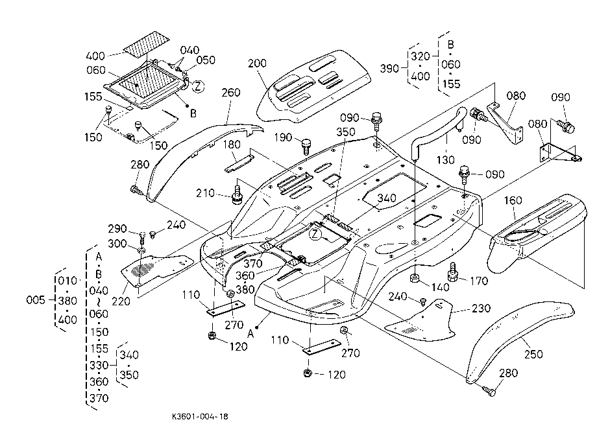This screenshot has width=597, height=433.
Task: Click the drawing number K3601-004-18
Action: (200, 416)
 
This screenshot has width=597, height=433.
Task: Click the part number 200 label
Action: (257, 63)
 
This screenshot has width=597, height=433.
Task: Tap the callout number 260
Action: (231, 93)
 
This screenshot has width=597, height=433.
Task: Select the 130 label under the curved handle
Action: (445, 159)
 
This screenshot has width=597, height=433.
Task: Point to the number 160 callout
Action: (513, 200)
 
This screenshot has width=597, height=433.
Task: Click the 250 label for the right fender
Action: (533, 354)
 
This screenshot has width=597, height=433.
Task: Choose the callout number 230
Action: (481, 308)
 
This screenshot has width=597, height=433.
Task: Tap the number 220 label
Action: (121, 301)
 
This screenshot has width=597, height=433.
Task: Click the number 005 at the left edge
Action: (36, 300)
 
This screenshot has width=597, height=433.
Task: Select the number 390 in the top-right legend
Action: (389, 69)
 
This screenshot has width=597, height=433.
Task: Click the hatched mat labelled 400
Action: (147, 44)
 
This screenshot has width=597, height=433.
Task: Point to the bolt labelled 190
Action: (306, 146)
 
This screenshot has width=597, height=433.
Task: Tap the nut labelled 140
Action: (415, 278)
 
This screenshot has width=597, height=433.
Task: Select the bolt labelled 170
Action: (452, 272)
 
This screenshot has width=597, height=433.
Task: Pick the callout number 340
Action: (387, 198)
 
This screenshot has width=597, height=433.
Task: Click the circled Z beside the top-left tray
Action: (198, 87)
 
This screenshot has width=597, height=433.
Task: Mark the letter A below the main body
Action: (250, 334)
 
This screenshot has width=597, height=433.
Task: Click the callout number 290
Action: (117, 228)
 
